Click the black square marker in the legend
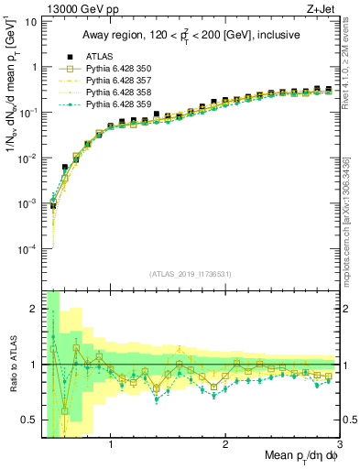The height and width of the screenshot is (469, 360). [64, 57]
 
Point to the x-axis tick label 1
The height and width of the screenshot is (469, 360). [111, 444]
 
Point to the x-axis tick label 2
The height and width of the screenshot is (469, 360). [225, 444]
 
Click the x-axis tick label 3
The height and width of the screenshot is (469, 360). [339, 444]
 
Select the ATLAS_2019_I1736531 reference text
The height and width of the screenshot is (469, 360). [189, 274]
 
